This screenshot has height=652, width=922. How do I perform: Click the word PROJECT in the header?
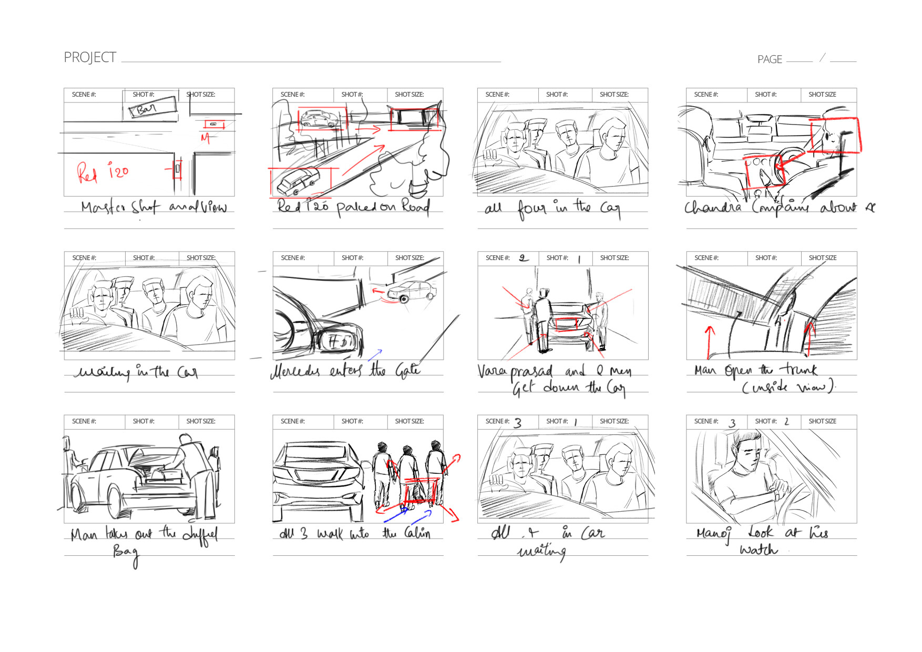90,57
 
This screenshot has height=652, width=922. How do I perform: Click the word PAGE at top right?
770,59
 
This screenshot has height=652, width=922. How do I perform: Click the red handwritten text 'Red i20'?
103,172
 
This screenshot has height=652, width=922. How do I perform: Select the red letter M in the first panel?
206,138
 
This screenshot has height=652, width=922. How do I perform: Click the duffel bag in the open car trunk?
163,475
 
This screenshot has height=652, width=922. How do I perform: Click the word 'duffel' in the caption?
200,534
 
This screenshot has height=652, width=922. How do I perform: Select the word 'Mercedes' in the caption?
295,371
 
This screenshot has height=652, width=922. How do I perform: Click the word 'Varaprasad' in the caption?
515,371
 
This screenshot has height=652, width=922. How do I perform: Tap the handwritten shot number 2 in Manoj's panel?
786,422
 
